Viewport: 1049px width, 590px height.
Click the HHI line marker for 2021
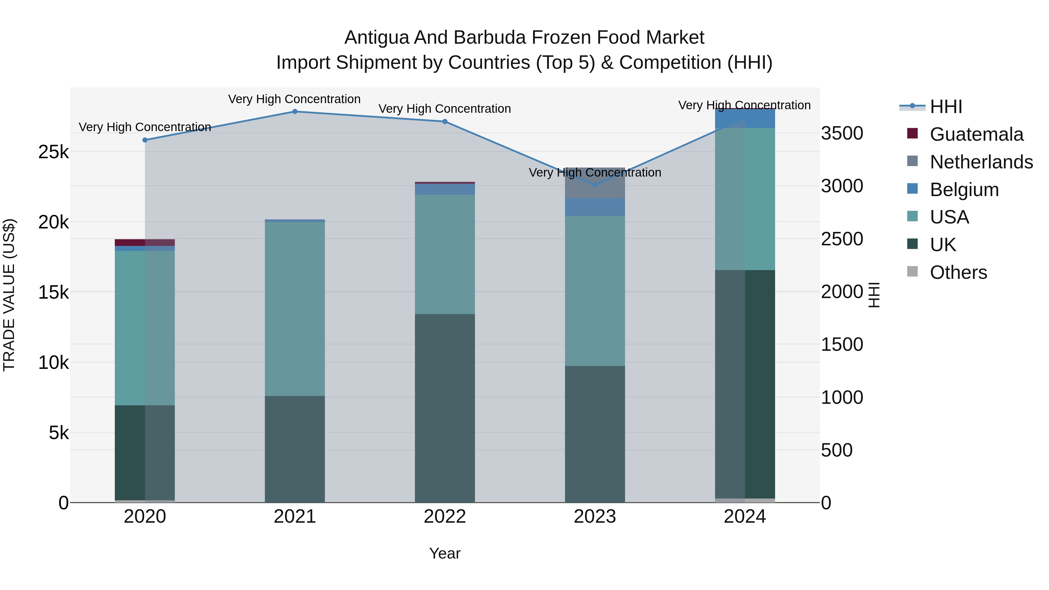tap(295, 112)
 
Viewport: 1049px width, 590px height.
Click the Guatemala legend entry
tap(976, 134)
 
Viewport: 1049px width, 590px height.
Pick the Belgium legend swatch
tap(913, 189)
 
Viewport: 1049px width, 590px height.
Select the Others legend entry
tap(958, 272)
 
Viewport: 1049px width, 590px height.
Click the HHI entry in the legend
tap(946, 107)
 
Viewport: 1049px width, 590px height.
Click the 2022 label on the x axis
tap(445, 517)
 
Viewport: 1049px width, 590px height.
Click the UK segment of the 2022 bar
tap(445, 407)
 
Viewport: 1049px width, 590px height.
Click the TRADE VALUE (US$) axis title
tap(9, 295)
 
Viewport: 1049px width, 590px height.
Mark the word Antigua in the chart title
tap(376, 38)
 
